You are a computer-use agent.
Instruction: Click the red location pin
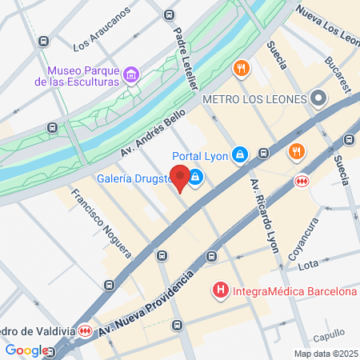tap(182, 178)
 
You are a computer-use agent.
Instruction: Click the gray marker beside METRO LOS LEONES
tap(318, 99)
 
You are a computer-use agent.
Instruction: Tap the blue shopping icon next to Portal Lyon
tap(239, 154)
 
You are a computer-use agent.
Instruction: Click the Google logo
tap(26, 350)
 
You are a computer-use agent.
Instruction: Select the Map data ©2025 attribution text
tap(325, 354)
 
